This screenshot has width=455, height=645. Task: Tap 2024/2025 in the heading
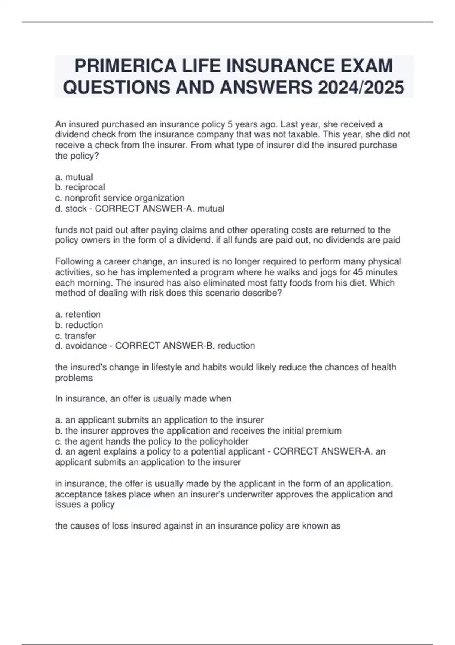(x=361, y=87)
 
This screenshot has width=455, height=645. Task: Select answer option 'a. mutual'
(x=74, y=177)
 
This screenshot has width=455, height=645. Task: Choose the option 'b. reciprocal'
(x=80, y=187)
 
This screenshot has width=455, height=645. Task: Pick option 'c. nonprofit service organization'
(x=119, y=198)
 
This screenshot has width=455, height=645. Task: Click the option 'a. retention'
(x=78, y=315)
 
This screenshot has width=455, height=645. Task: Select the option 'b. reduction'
(x=79, y=325)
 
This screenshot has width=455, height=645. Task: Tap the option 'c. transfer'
(x=75, y=336)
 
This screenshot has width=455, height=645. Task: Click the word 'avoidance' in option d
(x=86, y=346)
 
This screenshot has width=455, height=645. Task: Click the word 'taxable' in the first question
(x=289, y=135)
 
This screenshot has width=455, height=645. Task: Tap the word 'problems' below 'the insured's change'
(x=74, y=378)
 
